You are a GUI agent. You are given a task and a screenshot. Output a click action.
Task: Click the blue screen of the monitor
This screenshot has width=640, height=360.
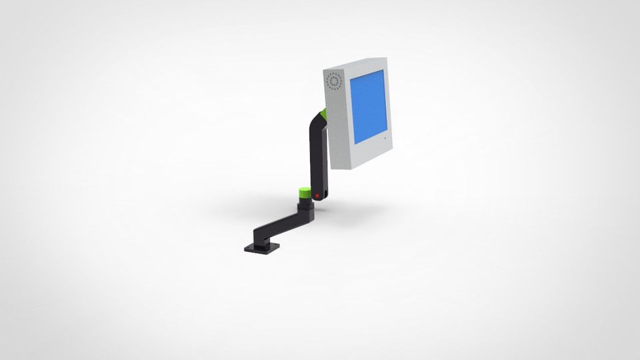(x=369, y=107)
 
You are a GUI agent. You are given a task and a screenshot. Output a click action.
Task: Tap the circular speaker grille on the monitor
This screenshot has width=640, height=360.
(x=334, y=82)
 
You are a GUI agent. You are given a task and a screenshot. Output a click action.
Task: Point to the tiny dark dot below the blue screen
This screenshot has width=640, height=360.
(x=383, y=137)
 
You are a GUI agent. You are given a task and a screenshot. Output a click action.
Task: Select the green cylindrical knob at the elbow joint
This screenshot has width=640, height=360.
(x=305, y=193)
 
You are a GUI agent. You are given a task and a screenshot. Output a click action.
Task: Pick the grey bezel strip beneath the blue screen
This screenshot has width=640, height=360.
(x=370, y=150)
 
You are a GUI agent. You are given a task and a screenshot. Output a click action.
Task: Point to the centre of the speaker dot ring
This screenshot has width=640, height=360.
(x=334, y=82)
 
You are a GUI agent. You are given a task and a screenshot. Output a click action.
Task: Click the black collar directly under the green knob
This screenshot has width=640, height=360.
(x=305, y=207)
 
